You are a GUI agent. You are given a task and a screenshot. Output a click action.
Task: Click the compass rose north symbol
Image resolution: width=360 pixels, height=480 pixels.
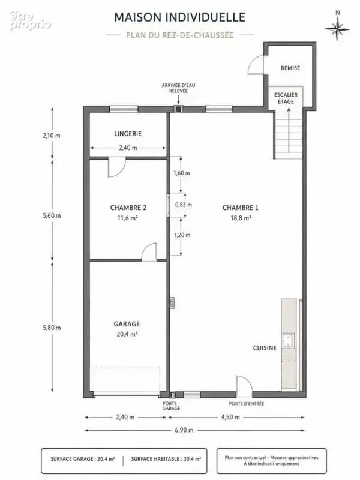point(337,28)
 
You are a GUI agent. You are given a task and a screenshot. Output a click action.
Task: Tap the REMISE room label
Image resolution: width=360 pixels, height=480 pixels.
point(290,68)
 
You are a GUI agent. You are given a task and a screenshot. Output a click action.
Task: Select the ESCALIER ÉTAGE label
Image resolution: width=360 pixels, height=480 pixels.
point(286,98)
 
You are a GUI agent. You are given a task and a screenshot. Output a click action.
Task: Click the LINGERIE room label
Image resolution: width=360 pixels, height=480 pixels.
point(128,134)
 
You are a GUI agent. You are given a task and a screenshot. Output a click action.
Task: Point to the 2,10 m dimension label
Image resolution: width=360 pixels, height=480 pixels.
point(52,135)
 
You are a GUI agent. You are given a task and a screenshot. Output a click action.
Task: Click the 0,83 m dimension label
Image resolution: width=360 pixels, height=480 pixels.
point(184,205)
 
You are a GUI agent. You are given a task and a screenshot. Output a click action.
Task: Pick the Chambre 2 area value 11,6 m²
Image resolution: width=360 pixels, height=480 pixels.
point(128,218)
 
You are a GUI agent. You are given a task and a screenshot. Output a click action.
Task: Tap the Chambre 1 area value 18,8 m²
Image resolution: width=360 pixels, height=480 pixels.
point(241,218)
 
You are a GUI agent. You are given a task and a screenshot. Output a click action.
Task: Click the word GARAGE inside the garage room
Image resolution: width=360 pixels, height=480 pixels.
point(127,324)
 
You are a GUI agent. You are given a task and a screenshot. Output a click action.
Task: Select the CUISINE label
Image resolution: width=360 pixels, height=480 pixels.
point(265,348)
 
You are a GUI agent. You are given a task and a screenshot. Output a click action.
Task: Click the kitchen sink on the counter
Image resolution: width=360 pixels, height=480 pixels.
point(289,341)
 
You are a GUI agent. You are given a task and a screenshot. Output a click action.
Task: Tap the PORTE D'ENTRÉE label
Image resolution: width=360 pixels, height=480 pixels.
point(247,404)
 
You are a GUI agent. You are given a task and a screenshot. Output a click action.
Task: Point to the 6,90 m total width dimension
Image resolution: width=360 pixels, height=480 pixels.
point(184,430)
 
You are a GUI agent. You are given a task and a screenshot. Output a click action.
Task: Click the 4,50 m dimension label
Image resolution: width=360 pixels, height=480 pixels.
point(230,417)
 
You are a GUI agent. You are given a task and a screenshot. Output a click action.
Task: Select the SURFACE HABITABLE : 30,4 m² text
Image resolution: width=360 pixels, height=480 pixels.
point(166,459)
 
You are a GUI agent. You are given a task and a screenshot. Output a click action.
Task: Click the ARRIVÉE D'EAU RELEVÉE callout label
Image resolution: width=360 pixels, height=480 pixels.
point(178,88)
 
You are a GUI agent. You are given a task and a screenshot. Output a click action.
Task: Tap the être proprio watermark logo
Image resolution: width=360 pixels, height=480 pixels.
point(30,20)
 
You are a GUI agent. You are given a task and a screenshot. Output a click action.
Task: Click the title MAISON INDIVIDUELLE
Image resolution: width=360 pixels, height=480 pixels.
point(179,17)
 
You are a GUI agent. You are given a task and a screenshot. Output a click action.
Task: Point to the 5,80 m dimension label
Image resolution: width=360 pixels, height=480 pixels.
point(52,328)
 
